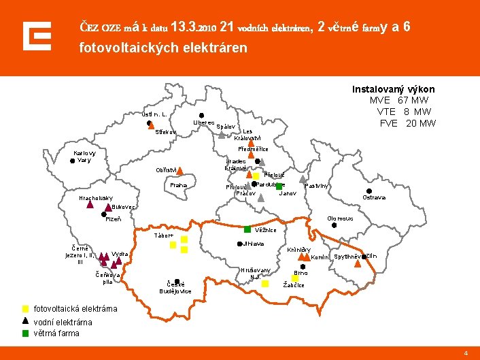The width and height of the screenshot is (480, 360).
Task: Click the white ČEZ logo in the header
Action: (37, 36)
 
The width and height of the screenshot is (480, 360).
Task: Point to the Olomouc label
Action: (339, 218)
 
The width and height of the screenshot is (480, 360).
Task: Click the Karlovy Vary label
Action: (85, 156)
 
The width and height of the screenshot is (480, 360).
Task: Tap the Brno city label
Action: (301, 273)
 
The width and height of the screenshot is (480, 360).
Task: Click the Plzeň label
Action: (114, 219)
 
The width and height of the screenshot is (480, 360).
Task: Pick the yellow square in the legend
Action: (25, 309)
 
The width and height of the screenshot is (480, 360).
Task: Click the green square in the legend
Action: (25, 333)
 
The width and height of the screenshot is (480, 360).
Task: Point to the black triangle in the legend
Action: (25, 321)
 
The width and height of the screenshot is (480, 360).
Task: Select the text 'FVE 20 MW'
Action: (407, 123)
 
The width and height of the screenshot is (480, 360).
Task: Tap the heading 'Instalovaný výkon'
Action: (393, 89)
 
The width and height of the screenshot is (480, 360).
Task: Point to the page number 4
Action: (466, 353)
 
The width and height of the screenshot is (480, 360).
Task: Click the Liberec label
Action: (203, 122)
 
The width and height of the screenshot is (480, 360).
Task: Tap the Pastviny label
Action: (317, 186)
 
